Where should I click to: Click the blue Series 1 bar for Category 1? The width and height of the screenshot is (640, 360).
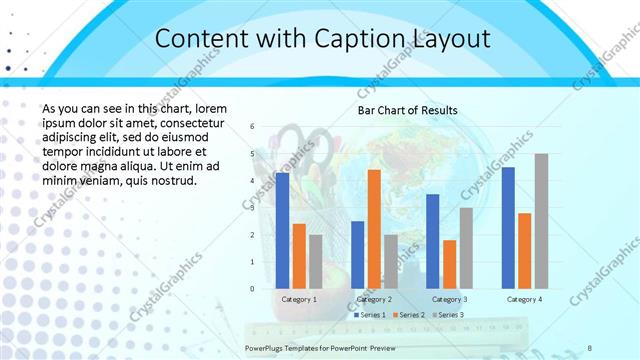tap(282, 230)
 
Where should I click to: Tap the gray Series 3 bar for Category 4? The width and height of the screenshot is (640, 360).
tap(541, 221)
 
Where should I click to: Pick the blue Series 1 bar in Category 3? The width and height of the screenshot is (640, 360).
tap(432, 241)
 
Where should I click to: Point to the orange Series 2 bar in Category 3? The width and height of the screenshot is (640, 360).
tap(449, 264)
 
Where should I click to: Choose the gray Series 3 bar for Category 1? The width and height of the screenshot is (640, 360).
tap(316, 261)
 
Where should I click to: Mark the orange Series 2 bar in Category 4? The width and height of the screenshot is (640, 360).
tap(524, 250)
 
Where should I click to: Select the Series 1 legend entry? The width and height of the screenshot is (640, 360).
tap(369, 315)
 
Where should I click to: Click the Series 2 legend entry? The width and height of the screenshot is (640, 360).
tap(409, 315)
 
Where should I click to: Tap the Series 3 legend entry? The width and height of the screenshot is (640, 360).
tap(447, 315)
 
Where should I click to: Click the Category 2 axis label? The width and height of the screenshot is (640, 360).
tap(374, 299)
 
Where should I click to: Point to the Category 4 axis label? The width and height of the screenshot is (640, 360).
tap(524, 299)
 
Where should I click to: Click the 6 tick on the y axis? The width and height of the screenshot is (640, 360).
tap(252, 126)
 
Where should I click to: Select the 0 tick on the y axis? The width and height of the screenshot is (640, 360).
tap(252, 289)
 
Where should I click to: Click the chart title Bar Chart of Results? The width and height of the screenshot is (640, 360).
tap(408, 110)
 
